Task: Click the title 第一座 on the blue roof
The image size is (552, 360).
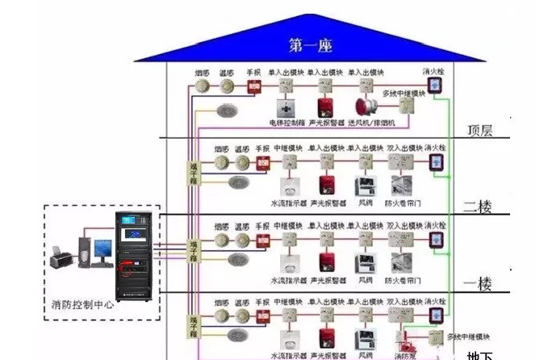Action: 311,45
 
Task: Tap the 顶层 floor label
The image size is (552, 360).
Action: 485,129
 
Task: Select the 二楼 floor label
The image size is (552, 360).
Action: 479,205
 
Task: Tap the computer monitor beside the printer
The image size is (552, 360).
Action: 103,249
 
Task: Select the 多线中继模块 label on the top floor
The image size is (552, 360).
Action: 405,94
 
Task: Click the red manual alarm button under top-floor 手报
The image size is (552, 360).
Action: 254,86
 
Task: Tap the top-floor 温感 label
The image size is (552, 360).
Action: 228,73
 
